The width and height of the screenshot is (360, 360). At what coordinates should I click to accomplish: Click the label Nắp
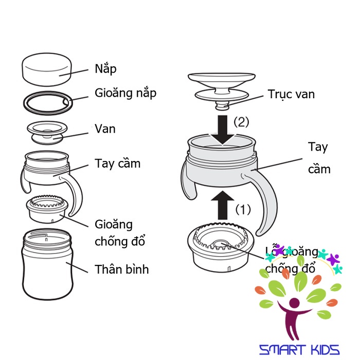[x=106, y=69]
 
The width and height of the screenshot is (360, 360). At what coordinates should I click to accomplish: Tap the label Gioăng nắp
[x=125, y=93]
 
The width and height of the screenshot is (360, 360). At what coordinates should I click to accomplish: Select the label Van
[x=105, y=129]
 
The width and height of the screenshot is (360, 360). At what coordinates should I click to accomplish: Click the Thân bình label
[x=122, y=269]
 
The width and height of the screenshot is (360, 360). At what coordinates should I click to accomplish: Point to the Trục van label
[x=291, y=94]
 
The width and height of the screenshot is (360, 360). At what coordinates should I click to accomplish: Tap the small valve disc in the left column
[x=47, y=133]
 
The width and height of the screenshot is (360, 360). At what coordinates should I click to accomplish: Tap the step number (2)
[x=242, y=122]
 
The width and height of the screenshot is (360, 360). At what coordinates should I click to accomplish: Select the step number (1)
[x=243, y=210]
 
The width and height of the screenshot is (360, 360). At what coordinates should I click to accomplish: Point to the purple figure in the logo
[x=293, y=314]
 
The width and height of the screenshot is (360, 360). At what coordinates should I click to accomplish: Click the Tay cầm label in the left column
[x=117, y=164]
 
